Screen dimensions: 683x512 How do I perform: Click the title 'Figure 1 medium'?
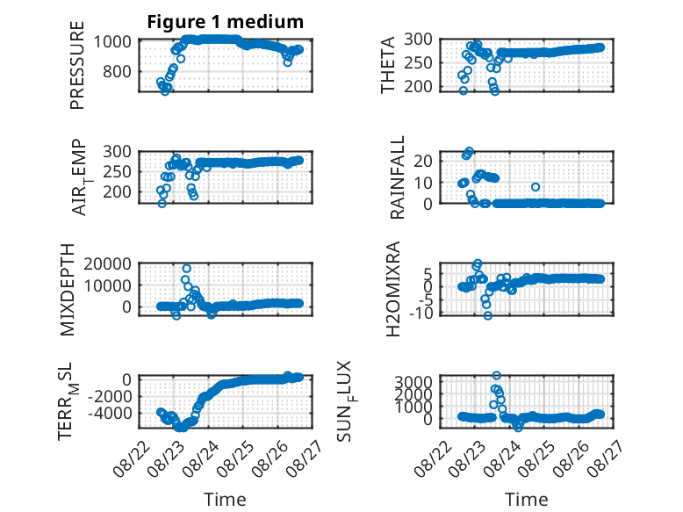[x=226, y=22]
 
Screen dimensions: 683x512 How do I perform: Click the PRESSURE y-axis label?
[x=76, y=65]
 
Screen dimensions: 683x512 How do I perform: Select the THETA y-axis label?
[x=387, y=65]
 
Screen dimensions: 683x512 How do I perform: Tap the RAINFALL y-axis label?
[x=398, y=177]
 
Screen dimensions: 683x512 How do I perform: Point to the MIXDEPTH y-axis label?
[x=68, y=290]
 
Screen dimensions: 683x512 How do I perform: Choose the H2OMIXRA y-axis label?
[x=393, y=289]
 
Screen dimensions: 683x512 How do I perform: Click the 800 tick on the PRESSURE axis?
[x=117, y=71]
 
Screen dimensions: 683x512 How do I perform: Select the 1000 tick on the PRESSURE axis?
[x=112, y=42]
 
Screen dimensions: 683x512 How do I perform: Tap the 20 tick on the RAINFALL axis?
[x=421, y=161]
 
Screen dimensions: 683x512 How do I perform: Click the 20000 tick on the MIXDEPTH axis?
[x=107, y=263]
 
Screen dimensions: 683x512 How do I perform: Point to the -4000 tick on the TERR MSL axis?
[x=110, y=413]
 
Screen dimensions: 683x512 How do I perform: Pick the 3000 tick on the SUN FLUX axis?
[x=413, y=382]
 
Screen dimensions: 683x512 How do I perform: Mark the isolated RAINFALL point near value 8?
[x=536, y=187]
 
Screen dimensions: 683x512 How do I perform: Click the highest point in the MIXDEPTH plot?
[x=186, y=269]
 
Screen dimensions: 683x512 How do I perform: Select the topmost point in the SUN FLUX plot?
[x=497, y=375]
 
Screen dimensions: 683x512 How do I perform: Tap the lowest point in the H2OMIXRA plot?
[x=488, y=315]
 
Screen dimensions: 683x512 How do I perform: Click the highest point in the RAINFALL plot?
[x=469, y=151]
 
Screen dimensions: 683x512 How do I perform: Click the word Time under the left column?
[x=225, y=500]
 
